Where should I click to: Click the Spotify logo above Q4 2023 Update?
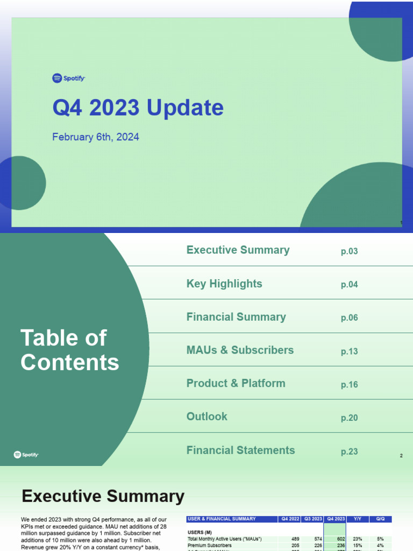coord(68,79)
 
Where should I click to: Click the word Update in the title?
coord(185,108)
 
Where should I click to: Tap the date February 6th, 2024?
coord(96,137)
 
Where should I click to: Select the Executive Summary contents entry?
coord(238,250)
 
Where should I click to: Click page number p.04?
coord(349,285)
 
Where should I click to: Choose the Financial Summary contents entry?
coord(236,317)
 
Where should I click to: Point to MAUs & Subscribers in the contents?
coord(240,350)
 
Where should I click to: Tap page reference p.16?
coord(349,385)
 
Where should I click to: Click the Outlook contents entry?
coord(207,416)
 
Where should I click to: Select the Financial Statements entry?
coord(240,450)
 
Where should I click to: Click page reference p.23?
coord(349,452)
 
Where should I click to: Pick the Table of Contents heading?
coord(69,350)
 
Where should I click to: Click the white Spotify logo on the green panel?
coord(26,455)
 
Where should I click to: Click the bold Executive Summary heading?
coord(103,496)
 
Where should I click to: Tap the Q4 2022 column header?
coord(289,519)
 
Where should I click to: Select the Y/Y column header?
coord(357,519)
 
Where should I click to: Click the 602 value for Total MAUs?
coord(340,539)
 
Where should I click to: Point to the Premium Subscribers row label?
coord(209,545)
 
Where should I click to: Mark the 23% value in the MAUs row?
coord(358,539)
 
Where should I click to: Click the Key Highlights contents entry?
coord(224,284)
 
